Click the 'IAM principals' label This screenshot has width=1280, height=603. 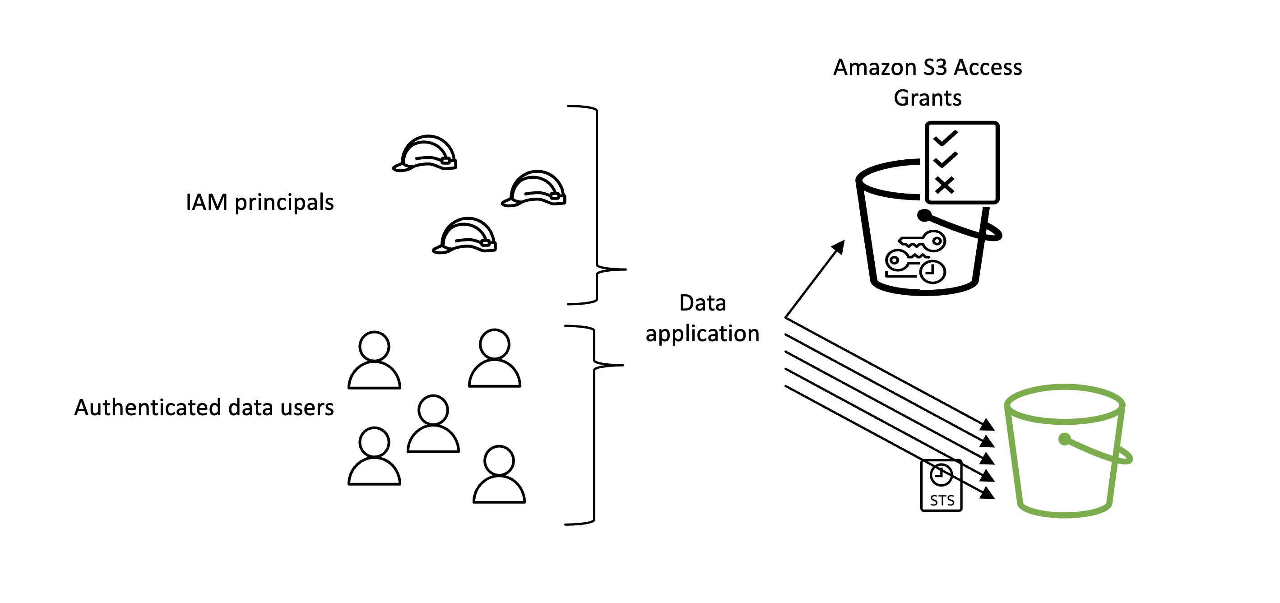tap(260, 203)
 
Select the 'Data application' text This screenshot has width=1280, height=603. tap(703, 318)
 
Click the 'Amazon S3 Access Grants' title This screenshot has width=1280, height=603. tap(928, 83)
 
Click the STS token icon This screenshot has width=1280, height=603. tap(941, 485)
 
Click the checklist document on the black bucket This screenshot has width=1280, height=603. tap(962, 162)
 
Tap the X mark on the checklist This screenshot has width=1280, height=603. tap(945, 185)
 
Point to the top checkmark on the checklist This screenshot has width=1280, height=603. tap(946, 138)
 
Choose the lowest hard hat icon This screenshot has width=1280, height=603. tap(464, 236)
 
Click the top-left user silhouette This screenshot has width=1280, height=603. tap(374, 360)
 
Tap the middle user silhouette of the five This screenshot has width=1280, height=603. tap(433, 424)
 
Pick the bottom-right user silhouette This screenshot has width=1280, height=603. tap(499, 474)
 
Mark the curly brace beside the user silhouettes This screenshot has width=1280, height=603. tap(594, 425)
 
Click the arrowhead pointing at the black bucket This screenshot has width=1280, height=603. tap(839, 246)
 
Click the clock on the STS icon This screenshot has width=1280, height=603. tap(941, 475)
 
